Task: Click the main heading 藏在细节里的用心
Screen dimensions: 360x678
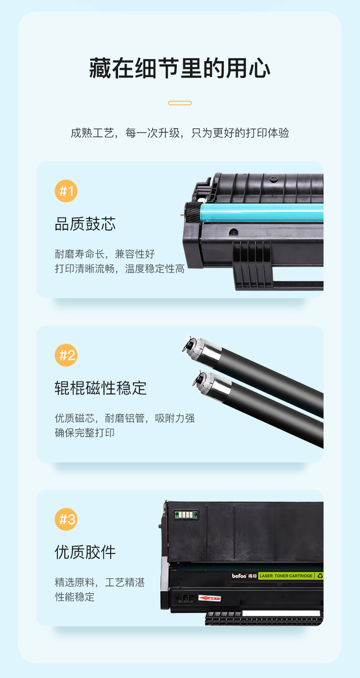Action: pos(180,68)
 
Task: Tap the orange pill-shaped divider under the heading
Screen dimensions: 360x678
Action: pos(180,103)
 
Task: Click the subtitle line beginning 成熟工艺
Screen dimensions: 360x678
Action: pos(180,133)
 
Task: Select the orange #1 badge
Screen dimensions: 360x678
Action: pos(66,191)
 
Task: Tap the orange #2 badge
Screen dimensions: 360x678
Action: pos(66,355)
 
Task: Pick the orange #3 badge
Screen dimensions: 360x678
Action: pos(66,519)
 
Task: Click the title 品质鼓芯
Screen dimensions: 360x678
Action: pos(85,224)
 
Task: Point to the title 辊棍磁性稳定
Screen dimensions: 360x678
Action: pos(101,388)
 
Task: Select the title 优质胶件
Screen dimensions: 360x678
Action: pos(85,552)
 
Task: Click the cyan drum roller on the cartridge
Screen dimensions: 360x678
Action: pos(262,212)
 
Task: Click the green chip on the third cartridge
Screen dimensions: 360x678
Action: pos(186,514)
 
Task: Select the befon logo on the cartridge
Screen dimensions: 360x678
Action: pos(239,576)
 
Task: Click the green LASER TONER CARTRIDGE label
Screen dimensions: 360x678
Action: pos(286,576)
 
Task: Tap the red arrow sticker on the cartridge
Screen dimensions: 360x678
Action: pos(209,598)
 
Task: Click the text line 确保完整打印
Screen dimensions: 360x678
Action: pos(85,433)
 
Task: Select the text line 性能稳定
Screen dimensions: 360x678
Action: pos(75,596)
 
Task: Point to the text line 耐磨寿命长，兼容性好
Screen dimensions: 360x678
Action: pos(105,254)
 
